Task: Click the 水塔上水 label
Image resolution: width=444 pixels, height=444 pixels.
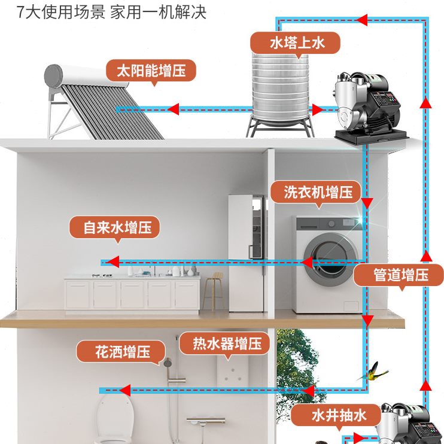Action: click(x=295, y=43)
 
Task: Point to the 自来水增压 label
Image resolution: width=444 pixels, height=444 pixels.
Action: click(x=114, y=227)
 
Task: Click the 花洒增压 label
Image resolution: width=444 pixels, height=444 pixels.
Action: click(x=121, y=352)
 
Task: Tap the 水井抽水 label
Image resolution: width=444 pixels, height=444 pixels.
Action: click(x=336, y=415)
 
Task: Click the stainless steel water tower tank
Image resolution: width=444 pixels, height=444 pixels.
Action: click(x=279, y=90)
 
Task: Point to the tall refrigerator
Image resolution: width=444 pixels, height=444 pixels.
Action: click(x=246, y=251)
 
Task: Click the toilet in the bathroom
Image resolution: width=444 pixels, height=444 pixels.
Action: click(x=115, y=419)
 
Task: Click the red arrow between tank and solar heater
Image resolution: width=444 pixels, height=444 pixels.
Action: click(x=174, y=110)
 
